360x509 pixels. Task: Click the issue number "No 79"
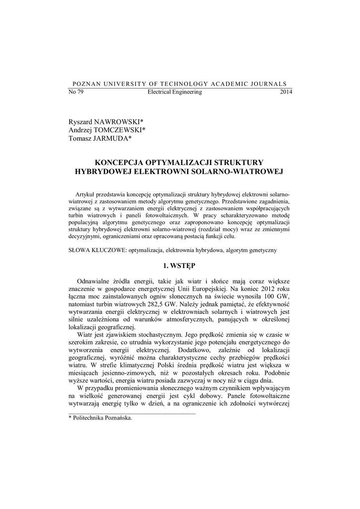point(76,92)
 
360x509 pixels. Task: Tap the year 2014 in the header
point(286,92)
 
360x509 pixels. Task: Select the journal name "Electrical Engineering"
point(175,92)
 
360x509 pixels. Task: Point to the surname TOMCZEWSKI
point(118,130)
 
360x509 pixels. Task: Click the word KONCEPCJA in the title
point(119,162)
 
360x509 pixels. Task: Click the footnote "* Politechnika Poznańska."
point(100,419)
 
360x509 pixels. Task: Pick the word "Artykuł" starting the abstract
point(85,192)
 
